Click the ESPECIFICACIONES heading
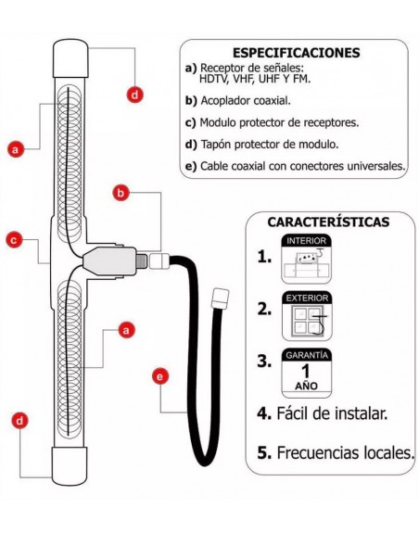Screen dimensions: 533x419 click(296, 53)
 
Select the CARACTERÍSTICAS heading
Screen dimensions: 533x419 click(328, 222)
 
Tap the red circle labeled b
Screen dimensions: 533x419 click(120, 193)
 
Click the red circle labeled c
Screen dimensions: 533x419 click(14, 240)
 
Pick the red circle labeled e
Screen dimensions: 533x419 click(159, 376)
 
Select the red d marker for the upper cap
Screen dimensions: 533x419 click(134, 94)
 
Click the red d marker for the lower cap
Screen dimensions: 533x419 click(19, 421)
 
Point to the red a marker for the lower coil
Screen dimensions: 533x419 click(127, 329)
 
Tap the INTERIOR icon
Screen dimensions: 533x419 click(307, 260)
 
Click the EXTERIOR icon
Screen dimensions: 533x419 click(307, 318)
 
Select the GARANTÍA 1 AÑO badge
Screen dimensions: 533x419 click(307, 374)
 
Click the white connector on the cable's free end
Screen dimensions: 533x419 click(220, 298)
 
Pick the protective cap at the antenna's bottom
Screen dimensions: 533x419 click(71, 466)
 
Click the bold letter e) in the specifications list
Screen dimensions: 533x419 click(191, 166)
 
